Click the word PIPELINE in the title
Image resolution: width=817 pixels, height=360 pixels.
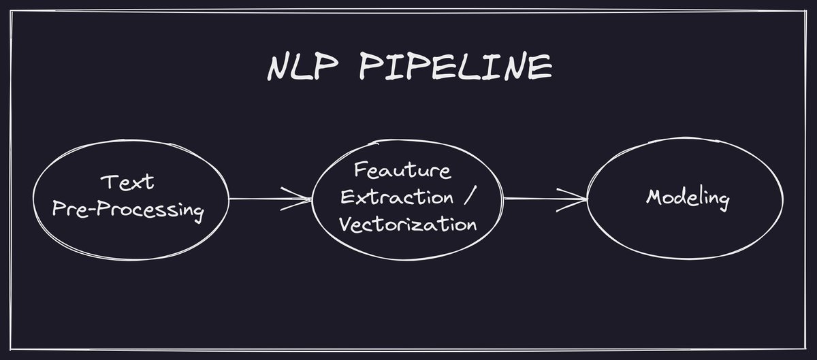[x=455, y=67]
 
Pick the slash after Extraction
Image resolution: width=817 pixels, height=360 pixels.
[x=468, y=198]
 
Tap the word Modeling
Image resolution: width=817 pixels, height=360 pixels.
[x=688, y=199]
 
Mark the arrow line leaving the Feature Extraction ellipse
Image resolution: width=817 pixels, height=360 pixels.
[x=538, y=199]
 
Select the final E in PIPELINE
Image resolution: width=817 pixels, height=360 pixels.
[x=542, y=67]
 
